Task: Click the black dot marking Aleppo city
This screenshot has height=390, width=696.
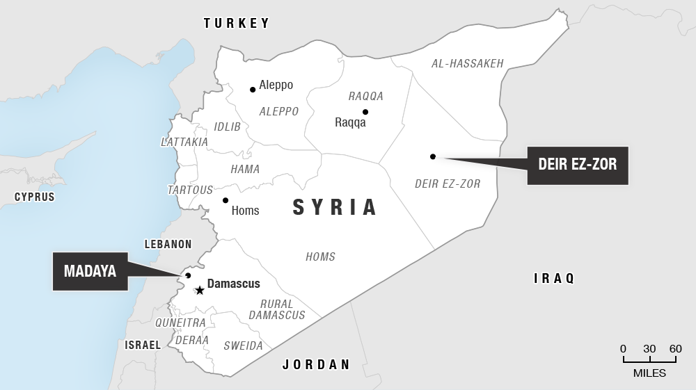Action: pyautogui.click(x=253, y=89)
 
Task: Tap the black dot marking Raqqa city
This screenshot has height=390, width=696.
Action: pyautogui.click(x=365, y=112)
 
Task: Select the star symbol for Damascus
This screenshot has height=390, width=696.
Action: pyautogui.click(x=200, y=290)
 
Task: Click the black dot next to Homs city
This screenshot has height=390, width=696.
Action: pyautogui.click(x=225, y=200)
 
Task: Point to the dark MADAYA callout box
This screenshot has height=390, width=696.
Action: pyautogui.click(x=90, y=271)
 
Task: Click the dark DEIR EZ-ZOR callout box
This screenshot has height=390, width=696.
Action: pyautogui.click(x=577, y=165)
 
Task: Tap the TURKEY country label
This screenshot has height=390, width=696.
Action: pyautogui.click(x=236, y=24)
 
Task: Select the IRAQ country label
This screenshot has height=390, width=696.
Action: pyautogui.click(x=554, y=279)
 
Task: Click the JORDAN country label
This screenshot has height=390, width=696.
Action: pyautogui.click(x=315, y=364)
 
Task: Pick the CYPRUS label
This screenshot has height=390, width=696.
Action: pyautogui.click(x=35, y=197)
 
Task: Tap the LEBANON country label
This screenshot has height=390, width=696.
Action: pyautogui.click(x=168, y=244)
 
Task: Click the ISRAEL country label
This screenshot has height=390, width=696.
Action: pyautogui.click(x=143, y=345)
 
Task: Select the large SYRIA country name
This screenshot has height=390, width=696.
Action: pyautogui.click(x=335, y=207)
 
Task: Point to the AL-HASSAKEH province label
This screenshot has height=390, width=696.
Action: pyautogui.click(x=467, y=63)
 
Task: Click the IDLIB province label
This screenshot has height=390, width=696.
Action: pyautogui.click(x=227, y=127)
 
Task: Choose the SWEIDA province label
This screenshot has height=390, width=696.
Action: pyautogui.click(x=243, y=346)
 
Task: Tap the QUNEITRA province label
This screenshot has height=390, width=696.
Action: pyautogui.click(x=180, y=323)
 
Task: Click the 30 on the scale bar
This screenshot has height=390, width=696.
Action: pyautogui.click(x=649, y=349)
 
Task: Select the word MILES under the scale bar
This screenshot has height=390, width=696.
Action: pyautogui.click(x=649, y=373)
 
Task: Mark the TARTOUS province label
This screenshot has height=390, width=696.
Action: pyautogui.click(x=190, y=190)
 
